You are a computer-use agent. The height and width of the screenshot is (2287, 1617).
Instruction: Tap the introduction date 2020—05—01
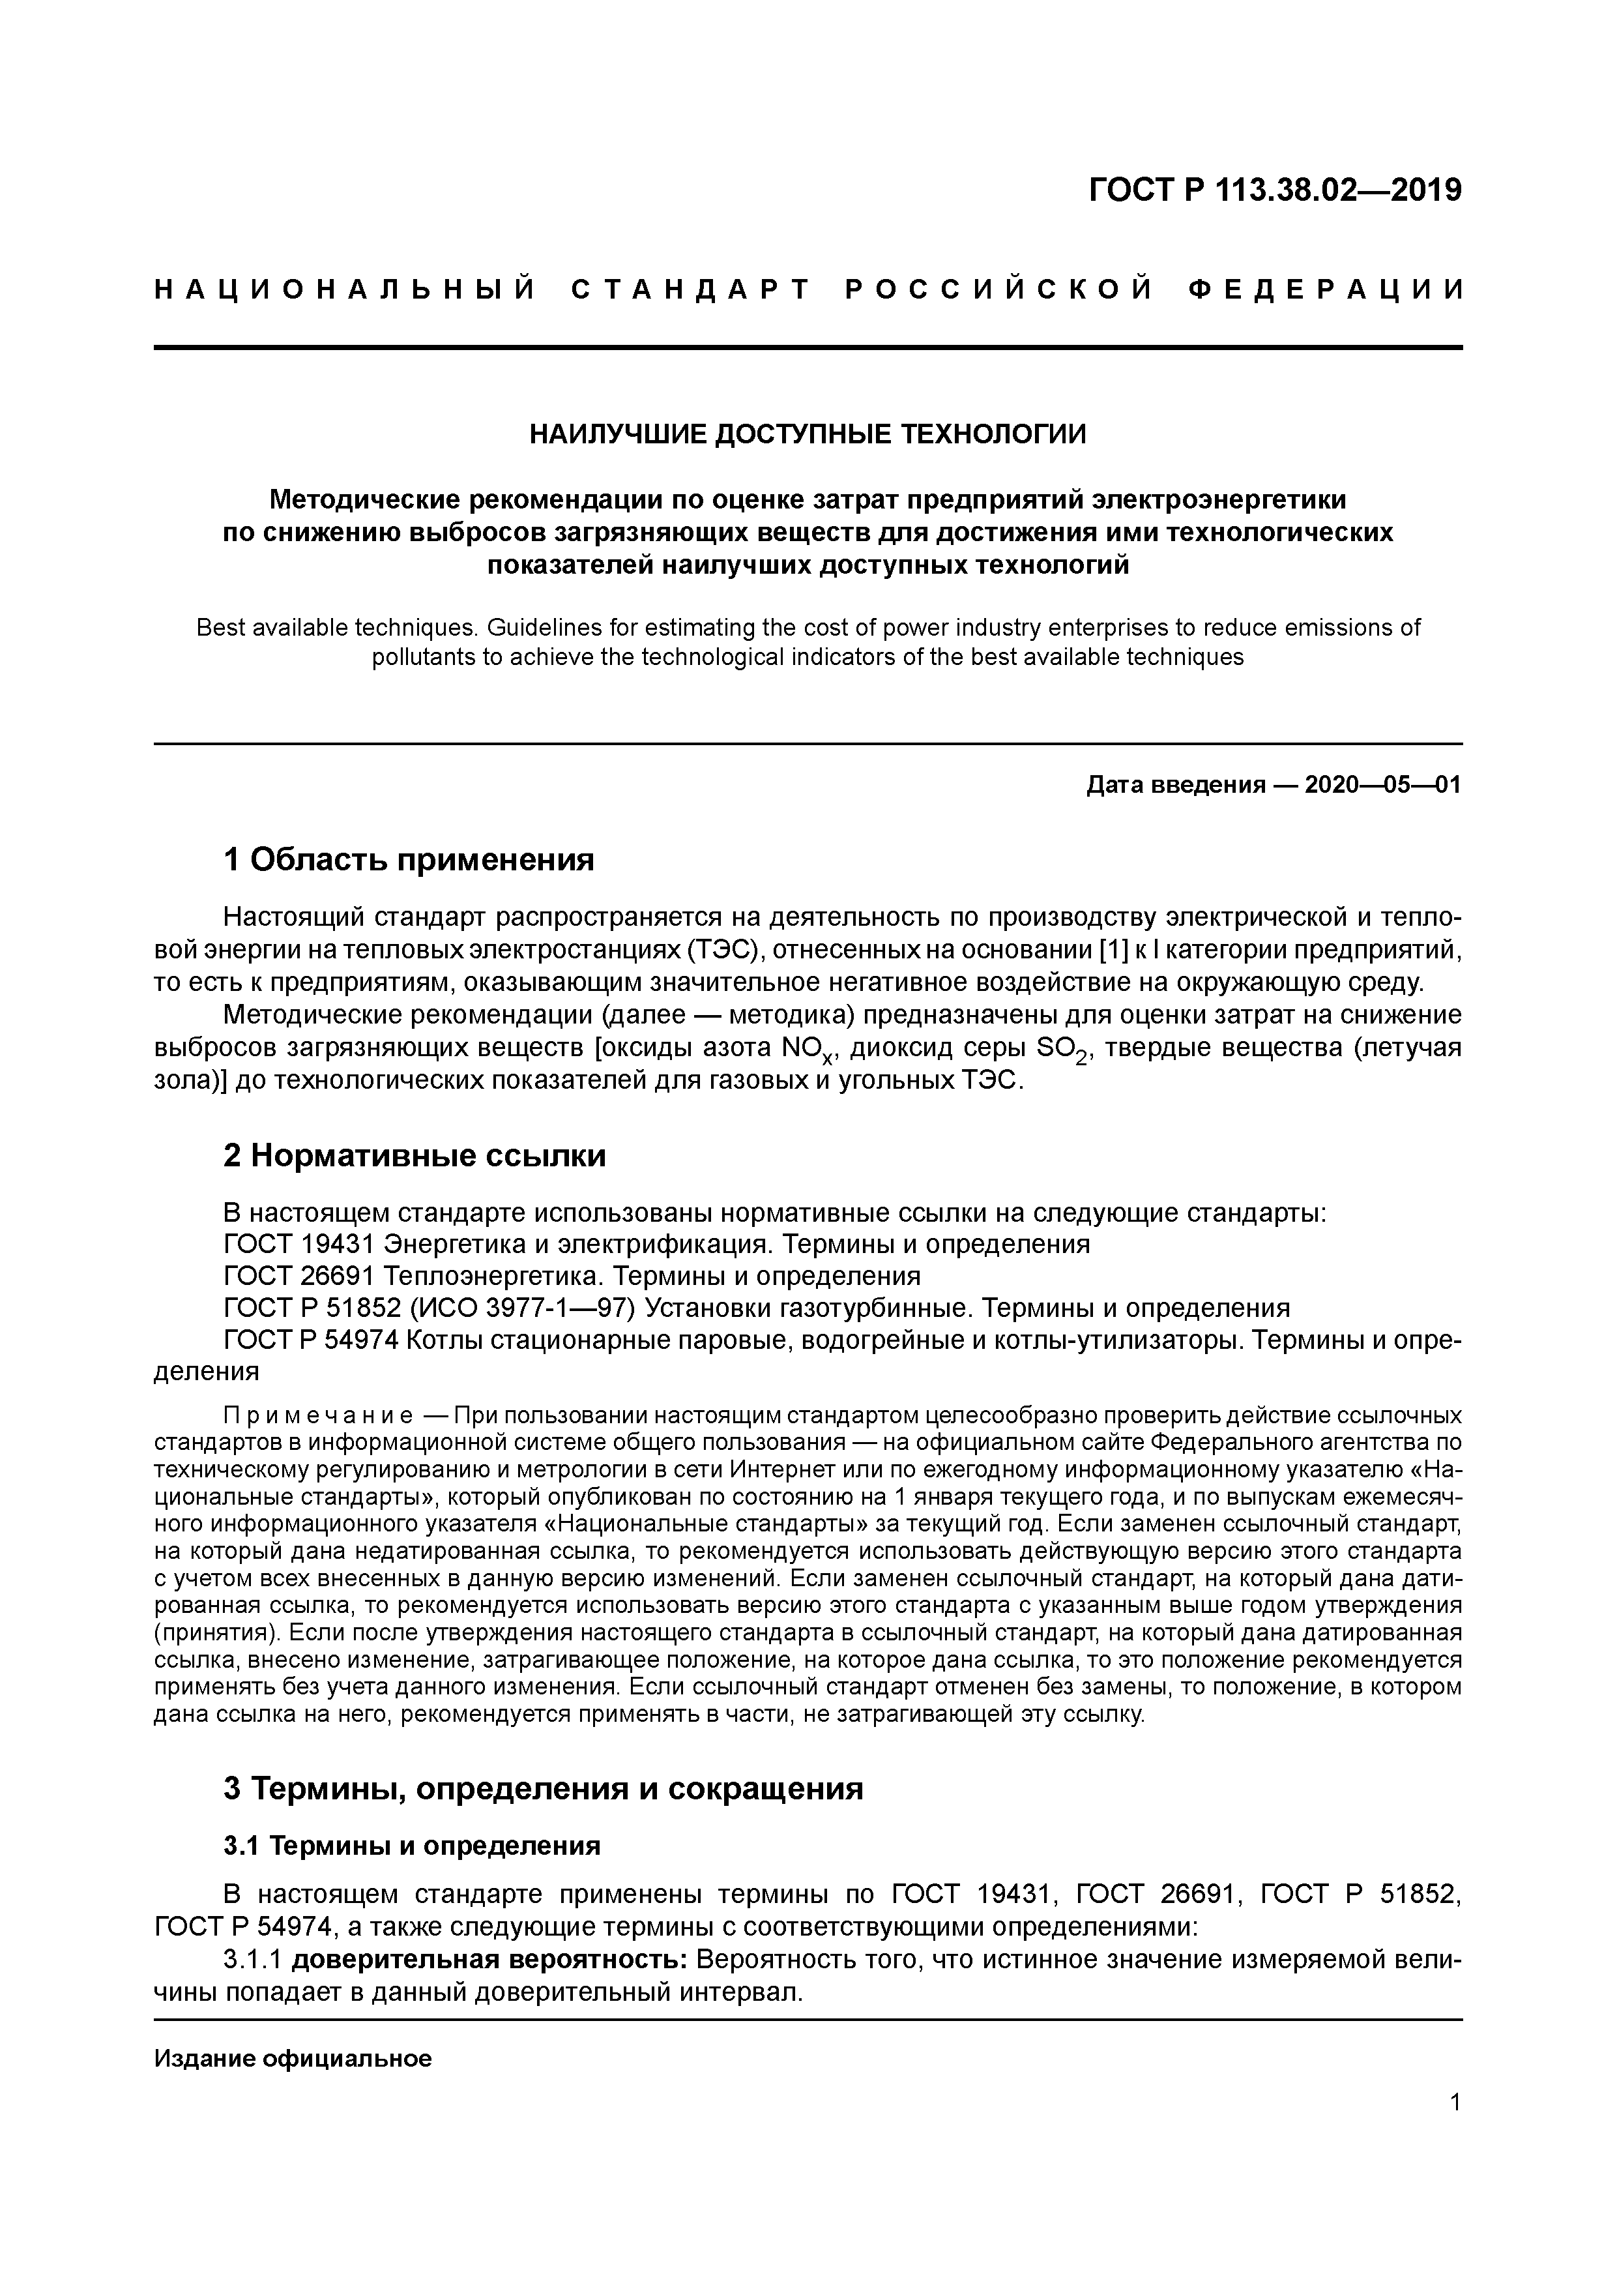1382,785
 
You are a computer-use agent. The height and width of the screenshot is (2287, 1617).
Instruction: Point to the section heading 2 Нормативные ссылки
415,1155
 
